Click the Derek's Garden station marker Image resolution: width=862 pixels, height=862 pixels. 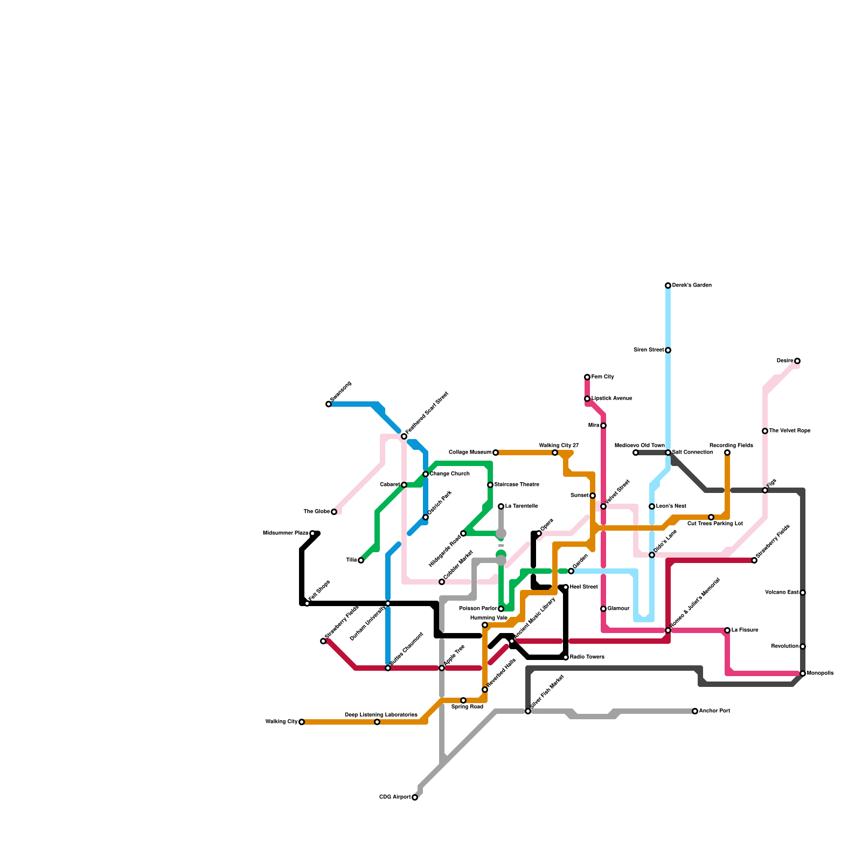point(668,286)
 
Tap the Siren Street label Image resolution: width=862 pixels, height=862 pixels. point(649,350)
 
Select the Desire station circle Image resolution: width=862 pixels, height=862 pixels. point(797,361)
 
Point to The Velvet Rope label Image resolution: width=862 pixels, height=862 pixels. point(789,431)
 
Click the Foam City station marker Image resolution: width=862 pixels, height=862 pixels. point(587,377)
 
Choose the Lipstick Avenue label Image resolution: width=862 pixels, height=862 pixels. point(611,399)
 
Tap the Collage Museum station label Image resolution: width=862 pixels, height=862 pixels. point(470,453)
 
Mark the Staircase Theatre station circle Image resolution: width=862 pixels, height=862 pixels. point(490,485)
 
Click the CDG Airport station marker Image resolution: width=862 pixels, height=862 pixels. point(415,797)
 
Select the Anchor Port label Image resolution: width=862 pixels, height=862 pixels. point(714,711)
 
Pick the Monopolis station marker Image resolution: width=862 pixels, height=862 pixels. point(803,673)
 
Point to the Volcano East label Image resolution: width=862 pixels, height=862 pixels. point(782,593)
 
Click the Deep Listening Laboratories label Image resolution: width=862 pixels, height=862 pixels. point(381,715)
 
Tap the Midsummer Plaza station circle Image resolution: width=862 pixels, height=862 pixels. point(312,533)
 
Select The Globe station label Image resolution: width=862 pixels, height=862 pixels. point(316,512)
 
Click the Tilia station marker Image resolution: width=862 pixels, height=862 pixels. point(361,560)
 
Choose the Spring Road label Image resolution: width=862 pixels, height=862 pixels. point(467,707)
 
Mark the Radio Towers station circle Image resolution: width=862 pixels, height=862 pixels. point(566,657)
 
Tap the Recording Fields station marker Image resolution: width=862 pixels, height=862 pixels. point(727,453)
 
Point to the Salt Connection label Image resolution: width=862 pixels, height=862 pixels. point(692,453)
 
